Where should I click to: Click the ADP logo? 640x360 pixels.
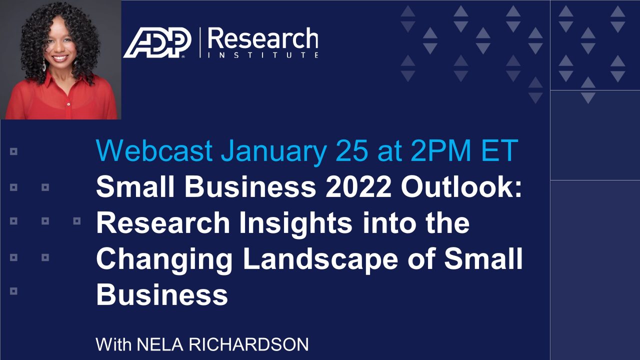[x=157, y=43]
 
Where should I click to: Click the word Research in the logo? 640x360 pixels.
[x=263, y=38]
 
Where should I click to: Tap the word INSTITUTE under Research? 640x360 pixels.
[x=263, y=55]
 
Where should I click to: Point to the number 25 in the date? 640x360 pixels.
[x=352, y=150]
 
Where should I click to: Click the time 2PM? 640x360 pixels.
[x=441, y=150]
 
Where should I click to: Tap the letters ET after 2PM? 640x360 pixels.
[x=499, y=150]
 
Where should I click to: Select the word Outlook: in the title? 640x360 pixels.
[x=461, y=187]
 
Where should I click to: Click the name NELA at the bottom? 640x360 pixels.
[x=160, y=344]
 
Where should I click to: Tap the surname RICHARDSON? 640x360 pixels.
[x=248, y=344]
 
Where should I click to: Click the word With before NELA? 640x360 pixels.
[x=113, y=344]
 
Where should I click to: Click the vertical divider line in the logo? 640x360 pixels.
[x=200, y=43]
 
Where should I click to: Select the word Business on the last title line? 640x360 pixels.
[x=162, y=294]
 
